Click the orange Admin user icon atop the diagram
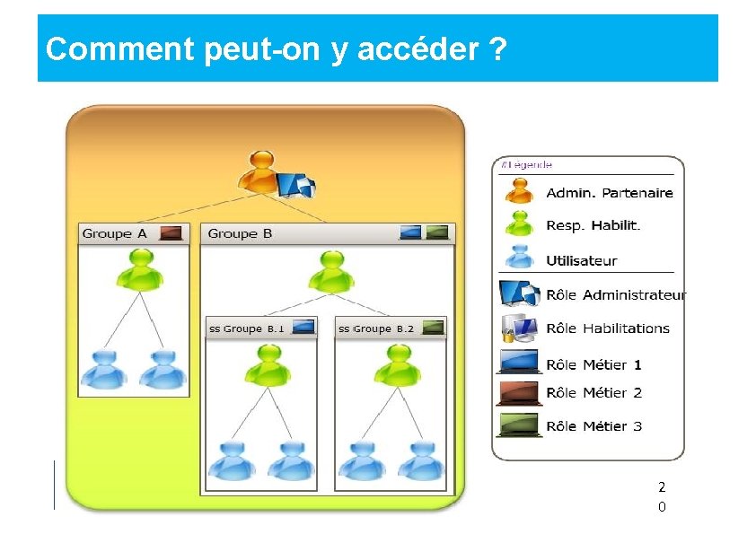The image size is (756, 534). click(261, 172)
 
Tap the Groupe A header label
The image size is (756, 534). click(114, 233)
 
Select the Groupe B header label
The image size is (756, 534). click(240, 233)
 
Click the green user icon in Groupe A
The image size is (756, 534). click(139, 269)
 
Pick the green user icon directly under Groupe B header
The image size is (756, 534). click(331, 271)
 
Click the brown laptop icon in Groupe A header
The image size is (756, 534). click(170, 233)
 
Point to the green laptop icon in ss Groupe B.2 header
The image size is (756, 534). click(433, 328)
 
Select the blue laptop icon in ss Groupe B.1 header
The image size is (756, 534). click(303, 328)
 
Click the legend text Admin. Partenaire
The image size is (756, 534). click(610, 193)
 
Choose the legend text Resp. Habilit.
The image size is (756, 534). click(593, 226)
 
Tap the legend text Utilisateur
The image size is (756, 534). click(582, 261)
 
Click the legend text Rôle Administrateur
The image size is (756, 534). click(616, 295)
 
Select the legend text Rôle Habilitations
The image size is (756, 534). click(608, 328)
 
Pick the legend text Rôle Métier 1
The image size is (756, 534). click(593, 365)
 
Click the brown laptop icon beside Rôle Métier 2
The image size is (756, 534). click(520, 393)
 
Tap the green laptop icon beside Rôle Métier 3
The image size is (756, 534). click(520, 425)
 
